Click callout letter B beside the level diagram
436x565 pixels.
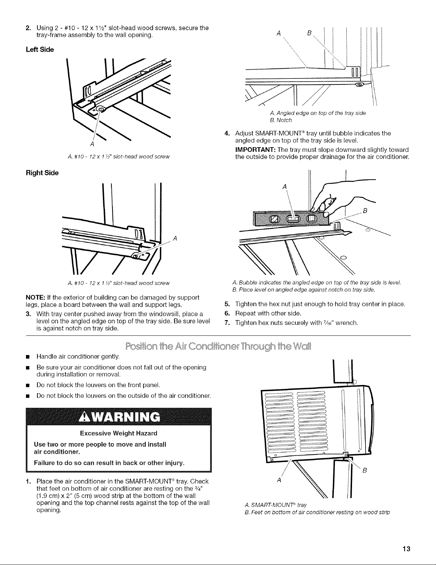coord(364,211)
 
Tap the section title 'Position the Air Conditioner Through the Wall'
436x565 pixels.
coord(217,346)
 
